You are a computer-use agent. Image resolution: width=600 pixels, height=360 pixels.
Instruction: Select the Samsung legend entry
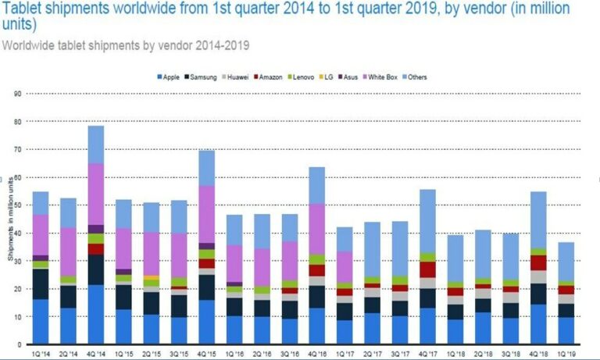point(202,77)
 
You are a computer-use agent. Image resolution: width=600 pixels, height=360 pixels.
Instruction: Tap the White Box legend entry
point(390,77)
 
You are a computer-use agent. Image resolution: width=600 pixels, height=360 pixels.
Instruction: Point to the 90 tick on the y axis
point(16,94)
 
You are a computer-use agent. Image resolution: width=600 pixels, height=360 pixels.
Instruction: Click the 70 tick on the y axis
point(16,149)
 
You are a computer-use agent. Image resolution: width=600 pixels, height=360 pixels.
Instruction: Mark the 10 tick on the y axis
point(16,317)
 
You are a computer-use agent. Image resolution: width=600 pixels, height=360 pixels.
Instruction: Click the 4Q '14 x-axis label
point(96,353)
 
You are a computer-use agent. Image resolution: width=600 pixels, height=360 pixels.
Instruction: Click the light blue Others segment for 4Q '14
point(96,144)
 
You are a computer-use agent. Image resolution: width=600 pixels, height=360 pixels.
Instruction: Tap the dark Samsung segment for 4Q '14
point(96,269)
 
